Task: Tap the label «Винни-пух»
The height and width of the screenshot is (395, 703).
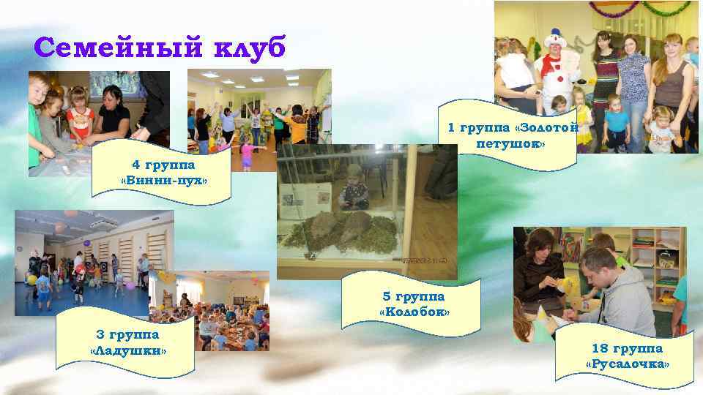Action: tap(163, 180)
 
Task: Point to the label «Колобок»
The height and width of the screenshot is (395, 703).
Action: tap(414, 313)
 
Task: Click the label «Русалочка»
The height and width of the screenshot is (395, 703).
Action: tap(628, 364)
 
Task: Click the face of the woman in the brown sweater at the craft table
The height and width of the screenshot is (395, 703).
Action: tap(541, 244)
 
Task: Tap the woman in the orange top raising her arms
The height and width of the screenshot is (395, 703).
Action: tap(300, 121)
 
